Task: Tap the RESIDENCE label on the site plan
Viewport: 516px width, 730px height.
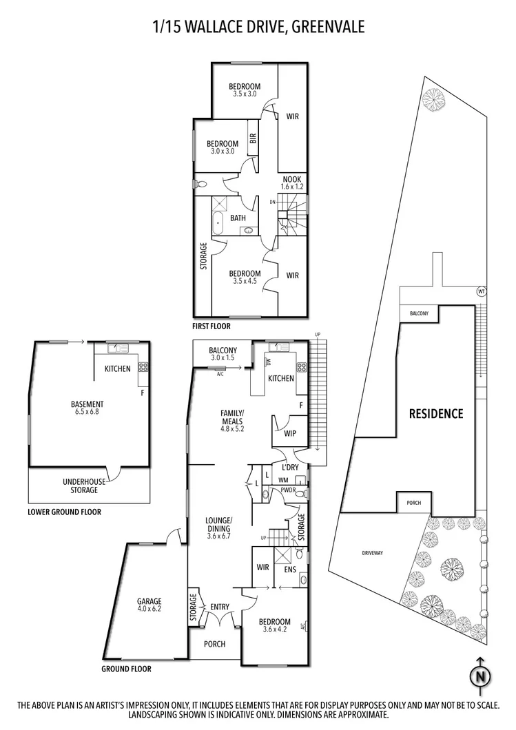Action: click(x=436, y=414)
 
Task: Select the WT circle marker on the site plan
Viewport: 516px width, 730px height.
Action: click(x=481, y=291)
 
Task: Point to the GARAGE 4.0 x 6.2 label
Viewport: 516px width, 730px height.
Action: click(x=149, y=604)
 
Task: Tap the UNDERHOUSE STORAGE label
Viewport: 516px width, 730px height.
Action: click(x=80, y=486)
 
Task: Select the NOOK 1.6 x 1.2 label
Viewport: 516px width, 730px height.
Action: click(x=292, y=182)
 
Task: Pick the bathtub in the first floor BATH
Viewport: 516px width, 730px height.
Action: click(x=218, y=224)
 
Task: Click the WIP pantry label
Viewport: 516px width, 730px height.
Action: click(x=289, y=434)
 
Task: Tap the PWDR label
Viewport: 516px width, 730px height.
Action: click(x=287, y=490)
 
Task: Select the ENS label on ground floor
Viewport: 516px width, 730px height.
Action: click(x=289, y=570)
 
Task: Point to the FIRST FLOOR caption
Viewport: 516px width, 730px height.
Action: click(x=212, y=326)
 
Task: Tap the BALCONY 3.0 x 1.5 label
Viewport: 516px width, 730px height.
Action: click(x=223, y=354)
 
